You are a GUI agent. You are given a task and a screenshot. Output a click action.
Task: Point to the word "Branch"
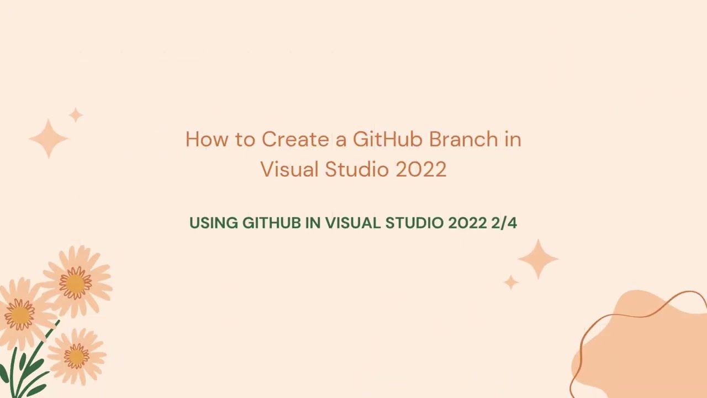pyautogui.click(x=463, y=139)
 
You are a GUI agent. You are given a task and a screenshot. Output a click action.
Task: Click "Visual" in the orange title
pyautogui.click(x=289, y=169)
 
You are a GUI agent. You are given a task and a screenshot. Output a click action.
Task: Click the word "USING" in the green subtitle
pyautogui.click(x=213, y=223)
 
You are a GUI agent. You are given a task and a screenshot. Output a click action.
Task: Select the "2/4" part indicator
pyautogui.click(x=504, y=223)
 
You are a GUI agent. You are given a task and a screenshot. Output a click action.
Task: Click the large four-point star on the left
pyautogui.click(x=49, y=139)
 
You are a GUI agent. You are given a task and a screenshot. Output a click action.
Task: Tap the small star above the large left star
pyautogui.click(x=76, y=115)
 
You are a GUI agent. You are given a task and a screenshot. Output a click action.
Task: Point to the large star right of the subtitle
pyautogui.click(x=538, y=259)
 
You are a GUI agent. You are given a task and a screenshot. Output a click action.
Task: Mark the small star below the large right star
pyautogui.click(x=511, y=282)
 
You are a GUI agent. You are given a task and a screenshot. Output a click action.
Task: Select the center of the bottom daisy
pyautogui.click(x=76, y=356)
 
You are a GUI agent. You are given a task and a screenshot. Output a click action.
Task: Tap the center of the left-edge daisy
pyautogui.click(x=19, y=315)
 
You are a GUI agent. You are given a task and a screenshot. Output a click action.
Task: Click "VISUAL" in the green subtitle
pyautogui.click(x=353, y=223)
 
